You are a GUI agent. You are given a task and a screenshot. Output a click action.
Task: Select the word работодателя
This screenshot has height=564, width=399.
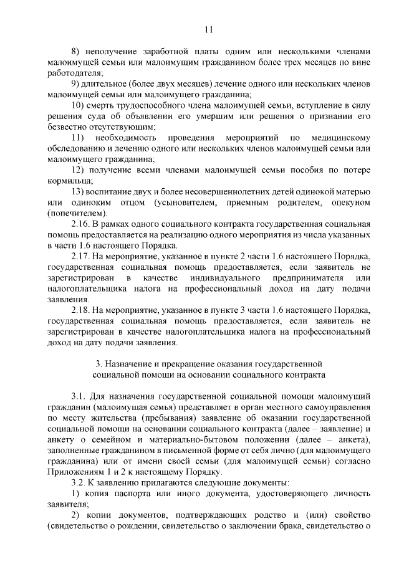(x=74, y=74)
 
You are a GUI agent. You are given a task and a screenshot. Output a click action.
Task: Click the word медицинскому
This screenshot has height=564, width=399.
(x=340, y=137)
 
